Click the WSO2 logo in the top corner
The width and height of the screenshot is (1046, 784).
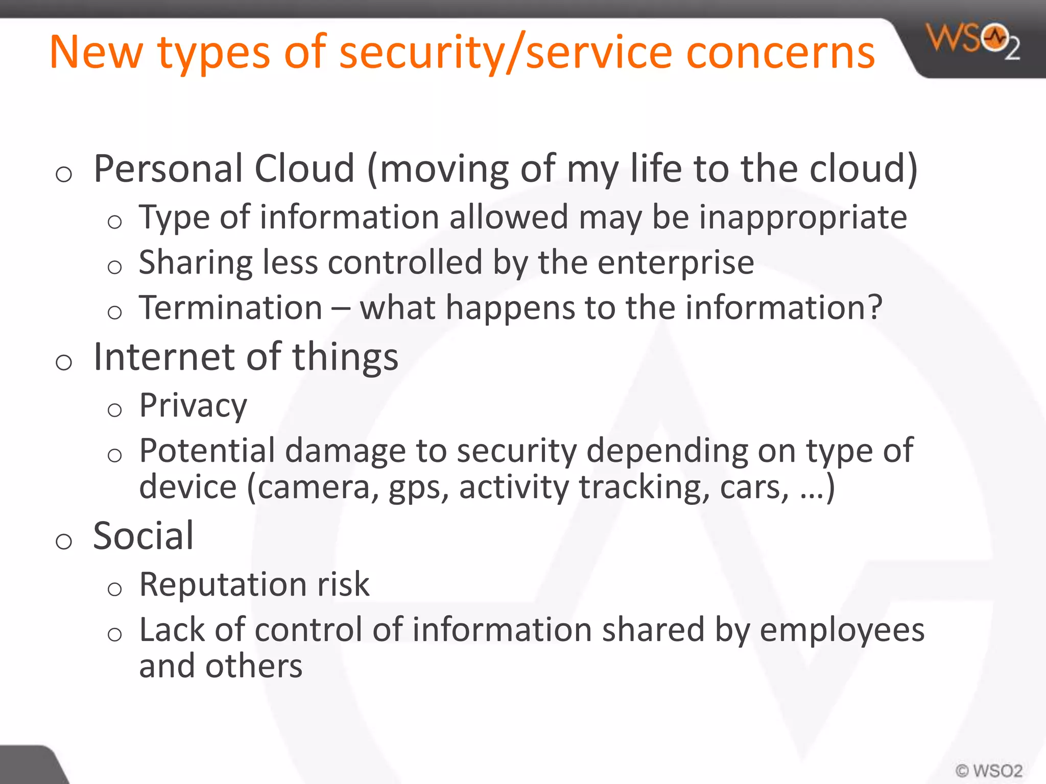(973, 41)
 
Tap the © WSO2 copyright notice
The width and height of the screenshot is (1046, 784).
(989, 770)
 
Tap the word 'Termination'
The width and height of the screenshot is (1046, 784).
(230, 308)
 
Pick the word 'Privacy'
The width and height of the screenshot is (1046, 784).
(193, 406)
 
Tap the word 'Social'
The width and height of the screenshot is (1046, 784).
(144, 536)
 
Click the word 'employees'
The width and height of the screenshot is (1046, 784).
(842, 631)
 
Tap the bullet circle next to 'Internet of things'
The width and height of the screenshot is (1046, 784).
(64, 363)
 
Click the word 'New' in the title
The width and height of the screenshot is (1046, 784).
(97, 52)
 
